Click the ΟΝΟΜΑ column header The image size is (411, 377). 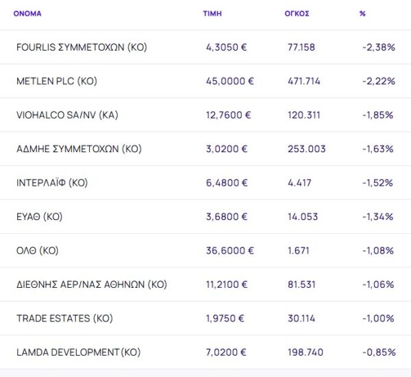pyautogui.click(x=27, y=13)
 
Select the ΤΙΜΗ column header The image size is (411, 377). pyautogui.click(x=212, y=13)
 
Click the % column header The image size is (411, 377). pyautogui.click(x=362, y=13)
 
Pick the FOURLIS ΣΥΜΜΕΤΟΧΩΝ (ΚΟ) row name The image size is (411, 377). pyautogui.click(x=82, y=47)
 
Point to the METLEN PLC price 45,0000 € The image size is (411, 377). pyautogui.click(x=229, y=81)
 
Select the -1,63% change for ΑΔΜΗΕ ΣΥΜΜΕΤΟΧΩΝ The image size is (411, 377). pyautogui.click(x=378, y=149)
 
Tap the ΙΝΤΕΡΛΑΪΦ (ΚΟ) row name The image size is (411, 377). pyautogui.click(x=52, y=183)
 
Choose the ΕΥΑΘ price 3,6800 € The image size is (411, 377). pyautogui.click(x=227, y=217)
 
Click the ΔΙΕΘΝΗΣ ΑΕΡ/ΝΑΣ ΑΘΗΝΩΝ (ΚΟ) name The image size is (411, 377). pyautogui.click(x=91, y=284)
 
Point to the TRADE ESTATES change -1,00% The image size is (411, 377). pyautogui.click(x=378, y=319)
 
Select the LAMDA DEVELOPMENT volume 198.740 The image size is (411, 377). pyautogui.click(x=307, y=352)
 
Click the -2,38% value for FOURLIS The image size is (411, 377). pyautogui.click(x=378, y=47)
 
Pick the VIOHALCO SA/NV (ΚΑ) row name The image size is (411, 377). pyautogui.click(x=67, y=115)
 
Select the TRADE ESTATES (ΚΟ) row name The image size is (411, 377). pyautogui.click(x=64, y=319)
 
